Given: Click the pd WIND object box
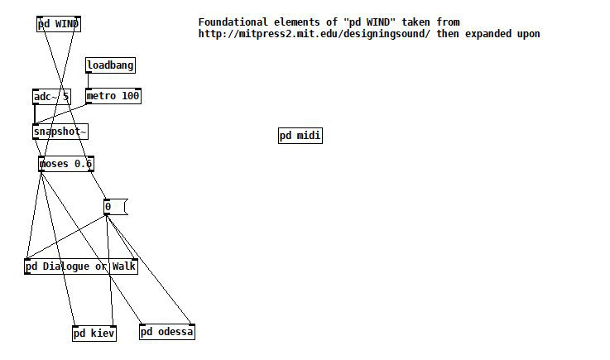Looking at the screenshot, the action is (x=59, y=24).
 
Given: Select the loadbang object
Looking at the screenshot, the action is (x=110, y=65).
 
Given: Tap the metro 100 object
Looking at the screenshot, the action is (x=113, y=96).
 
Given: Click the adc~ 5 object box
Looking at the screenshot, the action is (x=50, y=97).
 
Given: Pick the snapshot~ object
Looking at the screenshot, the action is (x=60, y=132).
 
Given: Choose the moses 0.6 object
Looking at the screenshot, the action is (x=65, y=164).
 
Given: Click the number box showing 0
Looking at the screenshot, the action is (x=114, y=207).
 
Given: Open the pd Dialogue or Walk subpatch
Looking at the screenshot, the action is (x=80, y=266).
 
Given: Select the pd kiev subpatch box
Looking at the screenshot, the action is (x=94, y=334).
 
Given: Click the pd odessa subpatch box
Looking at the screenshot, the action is (x=166, y=332).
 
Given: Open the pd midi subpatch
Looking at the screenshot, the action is (x=300, y=136).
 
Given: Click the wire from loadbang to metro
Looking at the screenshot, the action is (x=88, y=80).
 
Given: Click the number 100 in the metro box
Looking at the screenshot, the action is (x=130, y=96).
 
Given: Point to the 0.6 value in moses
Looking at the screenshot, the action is (x=83, y=164).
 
